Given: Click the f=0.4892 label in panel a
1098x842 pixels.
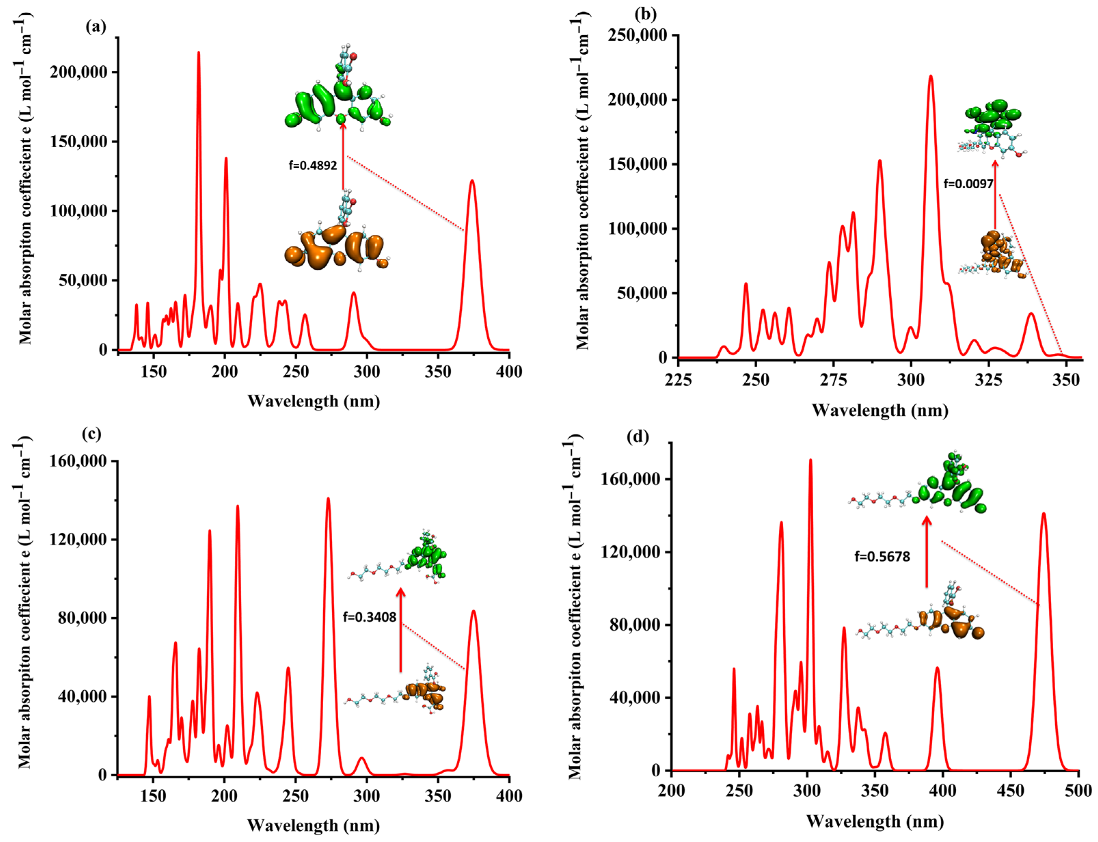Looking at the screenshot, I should (x=312, y=165).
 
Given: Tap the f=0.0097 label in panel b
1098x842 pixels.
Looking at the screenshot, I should (x=968, y=184).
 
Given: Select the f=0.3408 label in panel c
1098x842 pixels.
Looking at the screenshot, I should (x=369, y=617).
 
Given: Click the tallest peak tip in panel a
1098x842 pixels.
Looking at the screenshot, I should (x=199, y=52).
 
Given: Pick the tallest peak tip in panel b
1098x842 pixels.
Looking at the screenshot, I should (x=931, y=76).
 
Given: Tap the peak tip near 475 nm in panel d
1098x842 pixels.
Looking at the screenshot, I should (x=1044, y=513).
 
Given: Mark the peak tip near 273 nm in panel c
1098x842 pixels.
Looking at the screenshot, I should (x=328, y=499).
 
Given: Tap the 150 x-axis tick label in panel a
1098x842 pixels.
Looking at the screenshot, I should (x=153, y=371).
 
